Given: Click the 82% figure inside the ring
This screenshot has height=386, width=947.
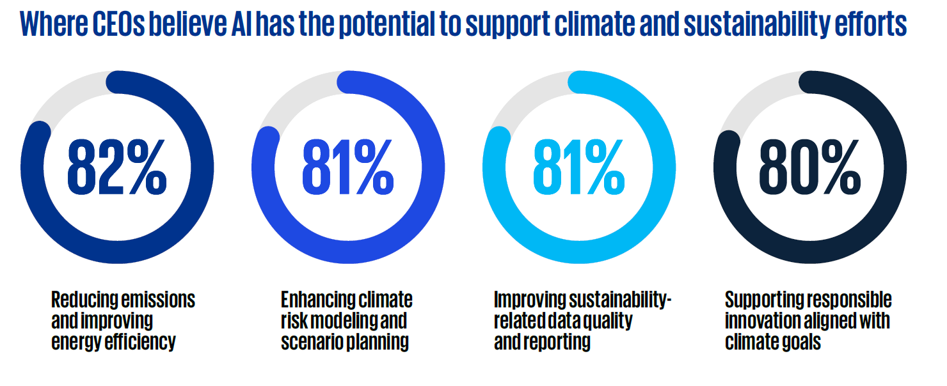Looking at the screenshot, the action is (117, 167).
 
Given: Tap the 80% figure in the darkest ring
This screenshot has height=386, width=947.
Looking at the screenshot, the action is (809, 167).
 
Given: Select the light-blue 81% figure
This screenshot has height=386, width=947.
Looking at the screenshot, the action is (579, 167).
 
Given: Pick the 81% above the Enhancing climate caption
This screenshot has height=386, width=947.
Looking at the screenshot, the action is (347, 167).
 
